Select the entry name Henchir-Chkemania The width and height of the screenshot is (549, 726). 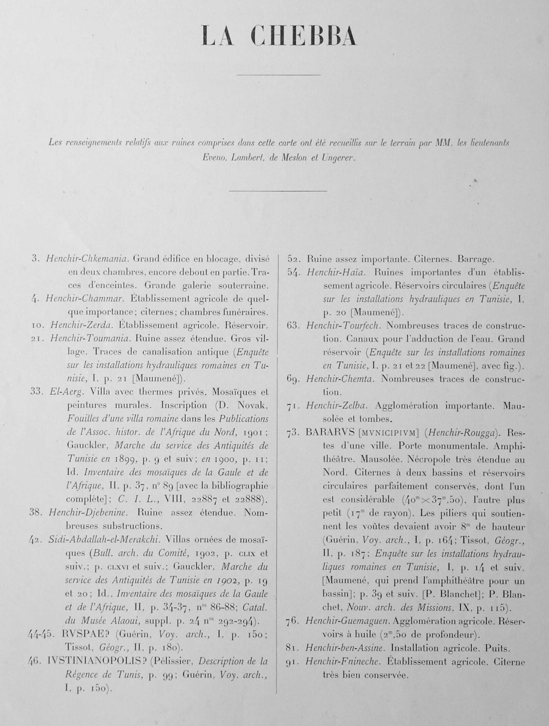(87, 259)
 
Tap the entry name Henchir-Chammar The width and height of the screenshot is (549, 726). (84, 299)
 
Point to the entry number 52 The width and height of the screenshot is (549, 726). (294, 259)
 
